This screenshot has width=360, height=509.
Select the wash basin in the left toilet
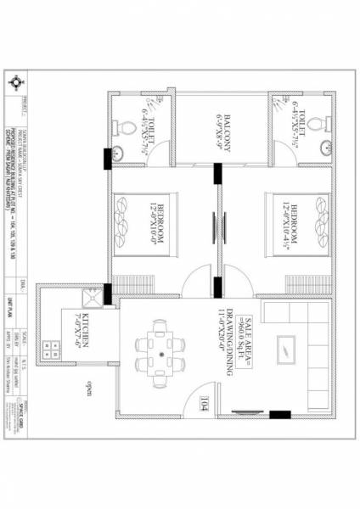point(118,153)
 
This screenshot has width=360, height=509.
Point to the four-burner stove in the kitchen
point(53,347)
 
